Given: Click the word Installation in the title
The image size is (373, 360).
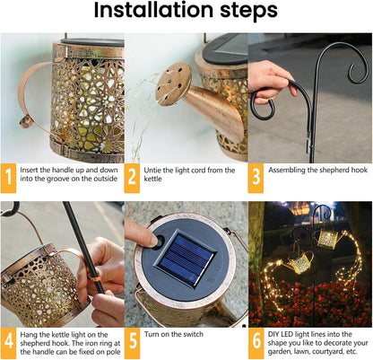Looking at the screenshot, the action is click(153, 10).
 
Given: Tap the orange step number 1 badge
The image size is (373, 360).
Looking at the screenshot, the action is click(8, 178).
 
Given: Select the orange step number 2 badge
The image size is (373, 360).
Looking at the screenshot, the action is click(132, 178).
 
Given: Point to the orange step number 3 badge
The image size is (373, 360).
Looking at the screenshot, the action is click(256, 178).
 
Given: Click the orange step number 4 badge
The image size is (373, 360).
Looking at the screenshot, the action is click(8, 343).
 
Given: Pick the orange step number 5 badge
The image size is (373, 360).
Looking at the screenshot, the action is click(132, 343).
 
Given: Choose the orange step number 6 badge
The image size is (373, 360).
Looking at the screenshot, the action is click(256, 343).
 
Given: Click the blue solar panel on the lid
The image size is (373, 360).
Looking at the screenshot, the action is click(185, 258).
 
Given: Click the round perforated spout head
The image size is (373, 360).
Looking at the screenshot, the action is click(173, 84).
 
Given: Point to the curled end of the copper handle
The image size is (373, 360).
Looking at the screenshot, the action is click(25, 122).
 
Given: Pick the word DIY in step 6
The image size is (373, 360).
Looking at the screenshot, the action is click(273, 334).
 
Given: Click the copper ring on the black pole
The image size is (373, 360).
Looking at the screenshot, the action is click(93, 272).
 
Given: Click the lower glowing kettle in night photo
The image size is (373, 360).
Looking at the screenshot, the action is click(299, 263).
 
